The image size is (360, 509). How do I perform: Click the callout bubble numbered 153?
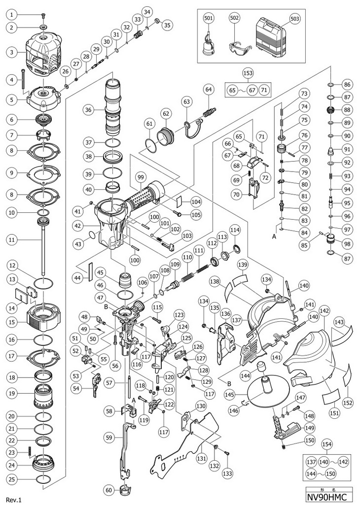(248, 73)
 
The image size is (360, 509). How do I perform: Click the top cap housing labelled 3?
(43, 50)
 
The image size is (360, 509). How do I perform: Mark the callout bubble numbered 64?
(208, 89)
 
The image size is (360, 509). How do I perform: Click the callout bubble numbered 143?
(340, 321)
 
